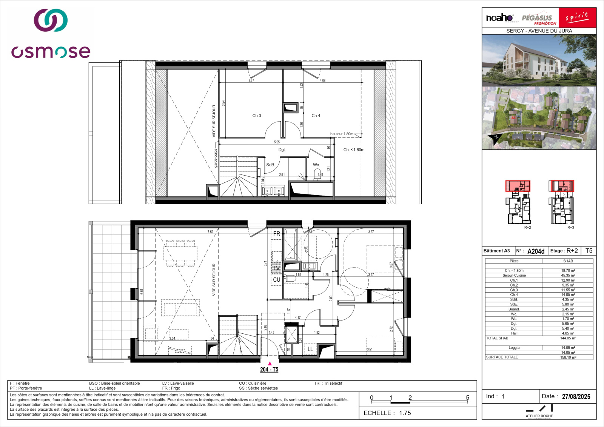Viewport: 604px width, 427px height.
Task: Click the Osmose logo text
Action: click(x=51, y=52)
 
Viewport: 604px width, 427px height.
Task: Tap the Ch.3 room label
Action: click(x=257, y=116)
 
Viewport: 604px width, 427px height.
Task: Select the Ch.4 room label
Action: click(x=316, y=116)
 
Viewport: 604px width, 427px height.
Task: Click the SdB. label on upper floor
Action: click(x=270, y=165)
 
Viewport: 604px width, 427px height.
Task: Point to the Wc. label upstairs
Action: click(x=316, y=165)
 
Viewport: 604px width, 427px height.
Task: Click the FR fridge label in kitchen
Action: click(x=277, y=234)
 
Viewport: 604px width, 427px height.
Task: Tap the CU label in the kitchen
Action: click(x=277, y=280)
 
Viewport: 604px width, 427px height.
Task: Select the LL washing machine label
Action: click(x=310, y=349)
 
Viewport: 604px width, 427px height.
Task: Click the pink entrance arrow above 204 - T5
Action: click(x=270, y=363)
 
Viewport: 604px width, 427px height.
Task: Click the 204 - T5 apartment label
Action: click(x=269, y=370)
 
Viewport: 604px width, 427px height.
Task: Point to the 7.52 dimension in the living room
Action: click(x=210, y=232)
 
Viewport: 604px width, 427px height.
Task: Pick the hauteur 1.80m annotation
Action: click(x=342, y=134)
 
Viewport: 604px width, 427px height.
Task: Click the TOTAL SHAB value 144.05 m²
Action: click(x=568, y=338)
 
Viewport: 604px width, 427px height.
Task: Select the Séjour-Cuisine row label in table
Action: click(x=514, y=276)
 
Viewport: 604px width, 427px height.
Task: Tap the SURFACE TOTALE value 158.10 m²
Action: click(x=568, y=357)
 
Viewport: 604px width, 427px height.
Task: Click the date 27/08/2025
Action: click(x=576, y=396)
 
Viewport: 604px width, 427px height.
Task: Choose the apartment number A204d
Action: click(x=536, y=251)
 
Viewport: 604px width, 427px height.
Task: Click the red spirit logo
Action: click(x=577, y=17)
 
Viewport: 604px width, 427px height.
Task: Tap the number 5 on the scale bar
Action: click(x=467, y=398)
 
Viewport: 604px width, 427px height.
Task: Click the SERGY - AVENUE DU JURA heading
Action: click(x=539, y=31)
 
